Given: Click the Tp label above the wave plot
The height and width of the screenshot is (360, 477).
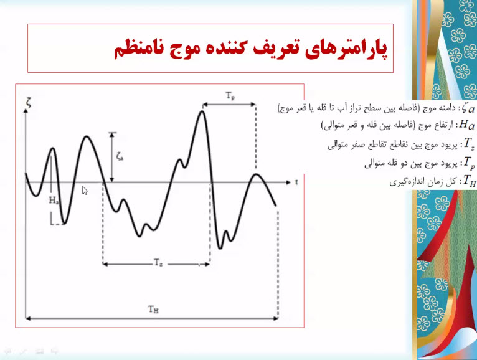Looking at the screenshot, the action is (230, 96).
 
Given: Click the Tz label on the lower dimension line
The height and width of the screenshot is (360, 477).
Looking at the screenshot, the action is (158, 262).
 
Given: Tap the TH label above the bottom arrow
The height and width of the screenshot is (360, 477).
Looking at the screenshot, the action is (154, 310).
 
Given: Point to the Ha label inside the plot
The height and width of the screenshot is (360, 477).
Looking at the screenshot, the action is (54, 200).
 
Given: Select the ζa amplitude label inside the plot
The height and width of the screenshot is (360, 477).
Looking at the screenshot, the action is (120, 157).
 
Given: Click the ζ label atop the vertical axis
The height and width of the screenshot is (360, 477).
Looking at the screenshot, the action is (29, 103).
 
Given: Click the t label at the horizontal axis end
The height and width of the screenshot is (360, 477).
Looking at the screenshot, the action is (296, 182).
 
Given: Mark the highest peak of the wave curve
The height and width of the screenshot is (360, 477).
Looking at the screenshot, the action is (202, 111).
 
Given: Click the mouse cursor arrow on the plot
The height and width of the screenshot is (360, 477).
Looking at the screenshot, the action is (85, 191).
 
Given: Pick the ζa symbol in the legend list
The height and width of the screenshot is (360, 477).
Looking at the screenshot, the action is (468, 108).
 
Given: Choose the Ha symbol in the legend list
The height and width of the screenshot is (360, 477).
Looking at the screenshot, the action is (467, 125).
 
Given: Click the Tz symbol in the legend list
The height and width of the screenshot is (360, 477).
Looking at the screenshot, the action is (469, 143).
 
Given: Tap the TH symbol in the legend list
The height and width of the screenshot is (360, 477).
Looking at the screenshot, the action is (469, 181).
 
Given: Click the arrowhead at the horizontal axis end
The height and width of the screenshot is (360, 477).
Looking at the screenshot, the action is (288, 182).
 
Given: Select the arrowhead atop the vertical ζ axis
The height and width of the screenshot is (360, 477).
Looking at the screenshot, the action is (26, 111).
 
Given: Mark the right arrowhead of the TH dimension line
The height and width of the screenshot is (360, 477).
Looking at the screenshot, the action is (276, 318).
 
